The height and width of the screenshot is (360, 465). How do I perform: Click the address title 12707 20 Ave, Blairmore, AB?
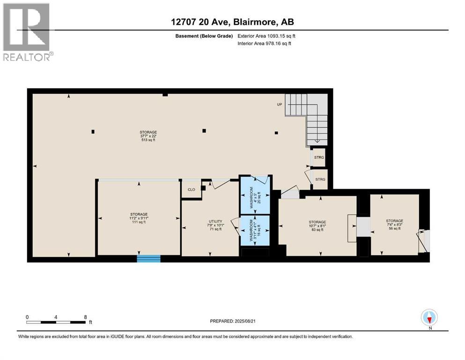coord(232,22)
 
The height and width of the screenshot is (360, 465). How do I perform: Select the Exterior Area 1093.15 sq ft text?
coord(266,36)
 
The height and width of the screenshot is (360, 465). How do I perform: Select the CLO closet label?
coord(191,190)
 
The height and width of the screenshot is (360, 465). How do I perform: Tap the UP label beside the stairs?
coord(279,104)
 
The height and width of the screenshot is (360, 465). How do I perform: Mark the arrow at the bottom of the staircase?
coord(317,140)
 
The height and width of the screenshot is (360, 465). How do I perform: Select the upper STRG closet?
coord(319,158)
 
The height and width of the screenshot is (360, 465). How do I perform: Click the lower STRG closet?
coord(320,180)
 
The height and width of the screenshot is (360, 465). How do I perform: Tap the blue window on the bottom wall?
coord(148,258)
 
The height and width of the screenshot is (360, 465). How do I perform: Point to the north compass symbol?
coord(429,318)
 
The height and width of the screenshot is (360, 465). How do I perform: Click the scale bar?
coord(56,322)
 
